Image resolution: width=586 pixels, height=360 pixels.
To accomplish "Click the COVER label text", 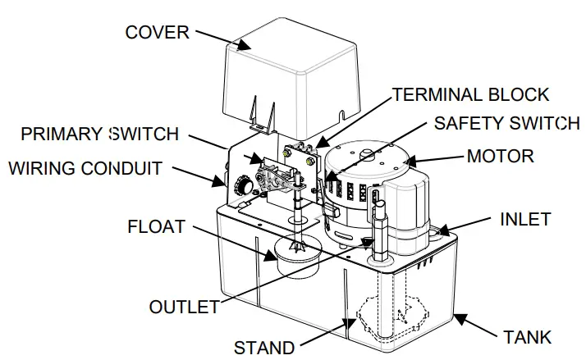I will click(x=157, y=33).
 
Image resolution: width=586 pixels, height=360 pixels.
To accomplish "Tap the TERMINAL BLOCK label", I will click(x=470, y=94).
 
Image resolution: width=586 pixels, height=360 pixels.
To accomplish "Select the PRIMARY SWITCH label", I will click(x=99, y=134).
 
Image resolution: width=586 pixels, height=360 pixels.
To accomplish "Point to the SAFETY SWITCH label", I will click(x=506, y=124).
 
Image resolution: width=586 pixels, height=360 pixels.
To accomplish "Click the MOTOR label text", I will click(x=500, y=156).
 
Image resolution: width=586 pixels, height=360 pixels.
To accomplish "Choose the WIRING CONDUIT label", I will click(x=85, y=170).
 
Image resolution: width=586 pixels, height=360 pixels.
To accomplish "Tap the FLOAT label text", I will click(x=155, y=225).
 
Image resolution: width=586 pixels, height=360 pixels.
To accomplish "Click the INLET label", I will click(x=525, y=219).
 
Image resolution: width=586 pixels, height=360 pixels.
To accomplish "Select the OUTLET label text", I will click(x=184, y=308).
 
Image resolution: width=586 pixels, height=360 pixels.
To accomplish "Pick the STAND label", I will click(x=264, y=347).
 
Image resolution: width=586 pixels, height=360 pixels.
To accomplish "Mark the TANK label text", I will click(x=527, y=337).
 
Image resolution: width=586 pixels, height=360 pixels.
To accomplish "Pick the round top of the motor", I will click(x=367, y=156).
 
